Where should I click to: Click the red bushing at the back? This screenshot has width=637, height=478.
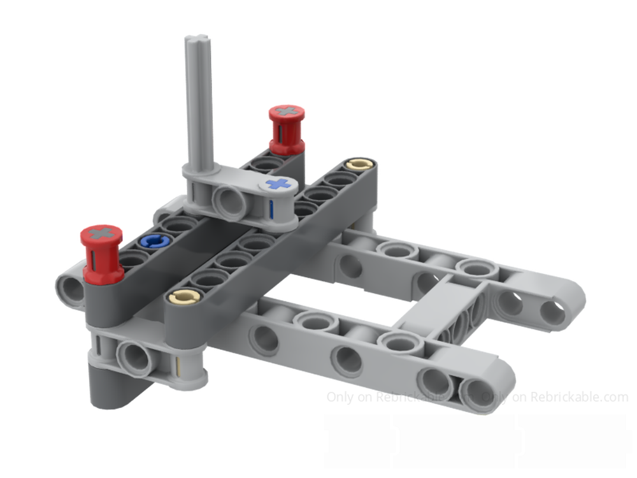(x=284, y=131)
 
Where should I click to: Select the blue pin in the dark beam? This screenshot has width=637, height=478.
(x=155, y=240)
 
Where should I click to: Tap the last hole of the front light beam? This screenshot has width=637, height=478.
(x=474, y=389)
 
